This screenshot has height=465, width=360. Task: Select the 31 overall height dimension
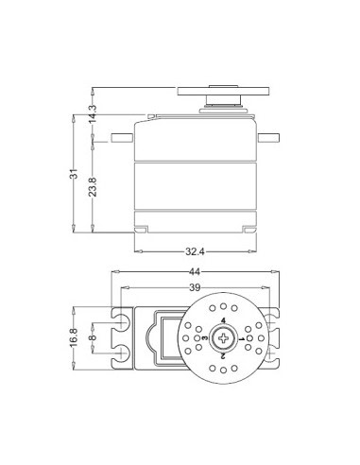point(74,174)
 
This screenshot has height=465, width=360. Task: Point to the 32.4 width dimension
point(197,253)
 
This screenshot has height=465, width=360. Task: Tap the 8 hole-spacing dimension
point(92,337)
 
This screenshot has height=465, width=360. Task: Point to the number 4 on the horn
point(223,321)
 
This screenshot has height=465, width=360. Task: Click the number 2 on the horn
point(223,356)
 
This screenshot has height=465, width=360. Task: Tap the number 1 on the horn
point(240,338)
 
